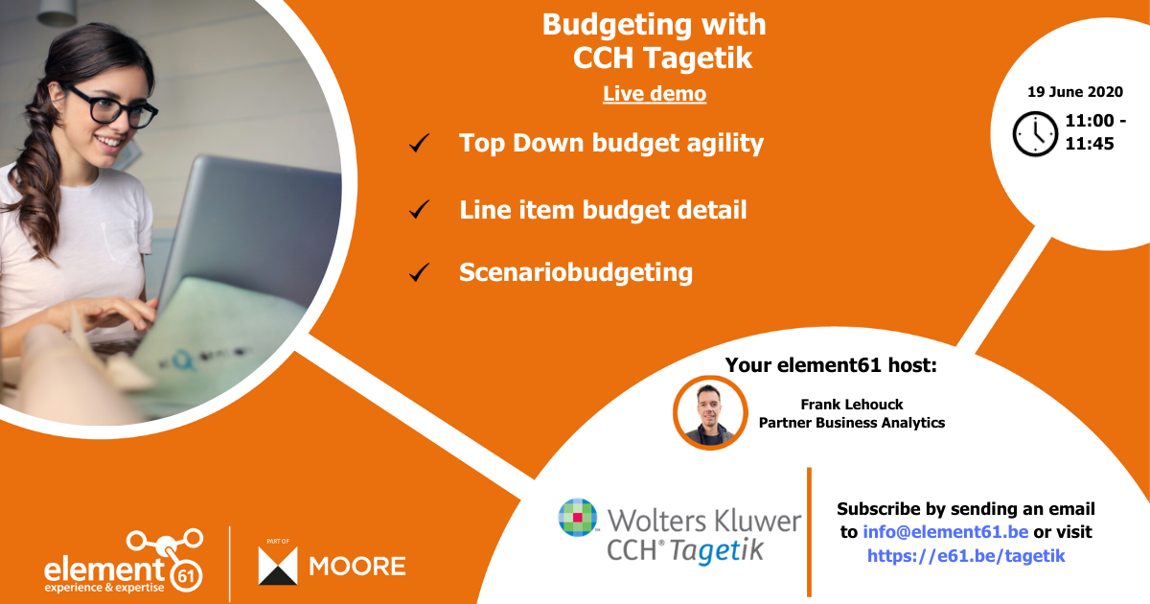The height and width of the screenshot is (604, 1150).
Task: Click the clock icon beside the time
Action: coord(1035,133)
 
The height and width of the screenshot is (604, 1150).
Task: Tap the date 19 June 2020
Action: coord(1074,92)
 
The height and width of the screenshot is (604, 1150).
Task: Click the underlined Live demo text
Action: coord(655,94)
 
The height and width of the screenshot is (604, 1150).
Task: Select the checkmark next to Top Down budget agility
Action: coord(419,145)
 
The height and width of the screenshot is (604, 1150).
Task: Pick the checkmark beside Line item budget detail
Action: coord(419,209)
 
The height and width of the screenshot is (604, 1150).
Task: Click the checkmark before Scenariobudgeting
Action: coord(419,273)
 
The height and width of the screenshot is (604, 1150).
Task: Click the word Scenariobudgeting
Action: coord(575,272)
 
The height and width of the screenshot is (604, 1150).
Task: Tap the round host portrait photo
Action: coord(709,412)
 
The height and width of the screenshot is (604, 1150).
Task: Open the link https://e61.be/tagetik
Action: coord(966,555)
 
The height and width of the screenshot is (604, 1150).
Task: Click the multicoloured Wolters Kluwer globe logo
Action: coord(579,519)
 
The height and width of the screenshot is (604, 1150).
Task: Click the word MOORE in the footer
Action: coord(357,566)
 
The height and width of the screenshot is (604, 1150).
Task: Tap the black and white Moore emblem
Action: coord(279,566)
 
